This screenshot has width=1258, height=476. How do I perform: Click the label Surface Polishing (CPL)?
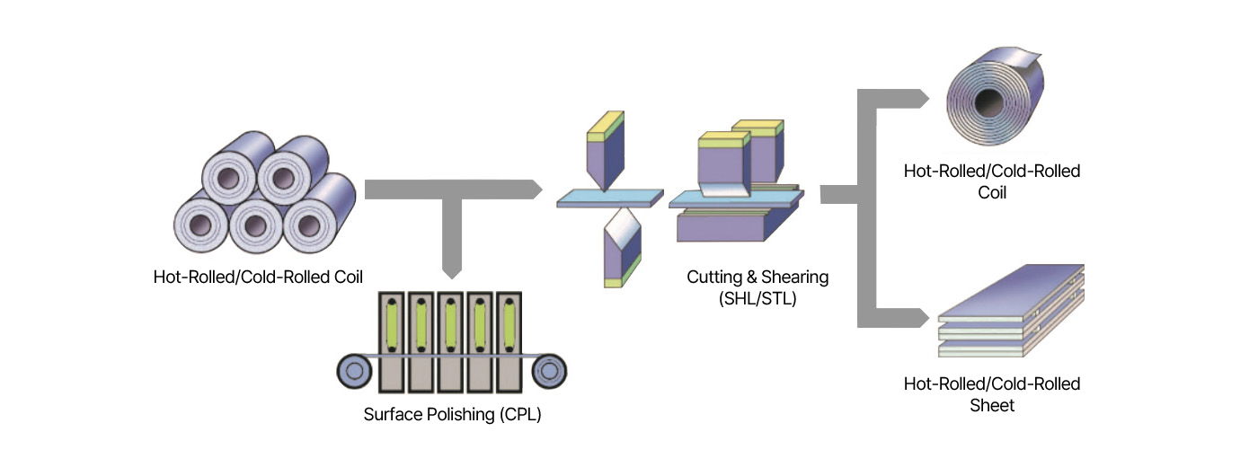pos(452,415)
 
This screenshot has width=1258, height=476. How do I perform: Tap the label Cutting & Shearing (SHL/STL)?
pos(757,287)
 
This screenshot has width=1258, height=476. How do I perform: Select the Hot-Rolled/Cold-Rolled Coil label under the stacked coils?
pos(258,277)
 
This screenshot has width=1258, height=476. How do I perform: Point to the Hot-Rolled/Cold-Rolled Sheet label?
pos(992,394)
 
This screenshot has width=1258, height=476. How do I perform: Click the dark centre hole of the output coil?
pos(988,102)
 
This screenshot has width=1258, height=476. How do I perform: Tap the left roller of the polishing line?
pos(354,371)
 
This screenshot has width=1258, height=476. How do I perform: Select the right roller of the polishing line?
pos(549,371)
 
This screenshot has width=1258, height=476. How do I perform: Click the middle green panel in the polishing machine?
pos(450,326)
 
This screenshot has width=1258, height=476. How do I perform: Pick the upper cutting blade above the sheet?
pos(606,151)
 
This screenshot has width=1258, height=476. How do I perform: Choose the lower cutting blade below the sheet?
pos(622,247)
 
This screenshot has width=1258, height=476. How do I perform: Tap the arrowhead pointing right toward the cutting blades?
pos(536,190)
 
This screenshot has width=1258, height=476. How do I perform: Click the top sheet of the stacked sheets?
pos(1011,292)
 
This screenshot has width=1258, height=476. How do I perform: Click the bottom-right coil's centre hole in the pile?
pos(309,225)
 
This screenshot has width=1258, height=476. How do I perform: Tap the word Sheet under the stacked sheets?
pos(992,405)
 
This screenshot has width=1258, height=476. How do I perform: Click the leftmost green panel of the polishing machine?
pos(392,326)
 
